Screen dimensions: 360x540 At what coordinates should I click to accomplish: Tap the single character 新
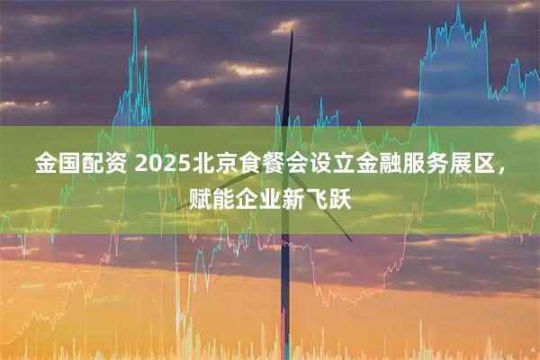[x=294, y=194]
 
